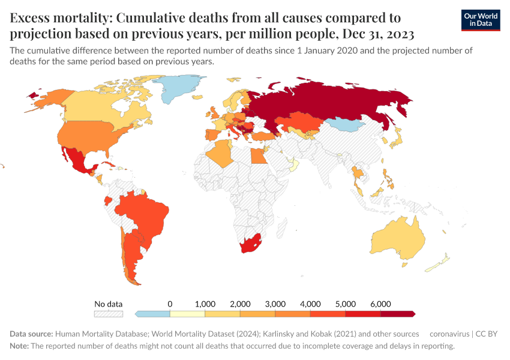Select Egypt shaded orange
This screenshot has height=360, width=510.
(x=256, y=157)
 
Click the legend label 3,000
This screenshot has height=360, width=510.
(x=275, y=304)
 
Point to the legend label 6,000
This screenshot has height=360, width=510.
(x=380, y=304)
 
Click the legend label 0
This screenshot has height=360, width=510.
(x=170, y=304)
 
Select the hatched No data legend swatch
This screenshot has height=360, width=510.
(x=109, y=313)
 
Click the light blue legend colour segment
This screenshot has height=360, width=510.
(x=152, y=313)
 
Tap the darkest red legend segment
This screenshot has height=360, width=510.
(x=397, y=313)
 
